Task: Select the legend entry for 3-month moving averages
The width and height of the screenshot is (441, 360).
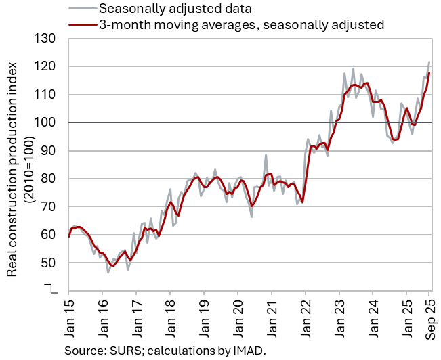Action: [241, 25]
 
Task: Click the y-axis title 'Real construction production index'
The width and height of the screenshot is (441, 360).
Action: [12, 173]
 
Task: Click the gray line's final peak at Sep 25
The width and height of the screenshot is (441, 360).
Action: [429, 62]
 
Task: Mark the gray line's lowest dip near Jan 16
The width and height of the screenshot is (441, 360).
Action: [108, 273]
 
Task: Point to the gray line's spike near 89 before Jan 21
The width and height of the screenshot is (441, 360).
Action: [266, 154]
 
